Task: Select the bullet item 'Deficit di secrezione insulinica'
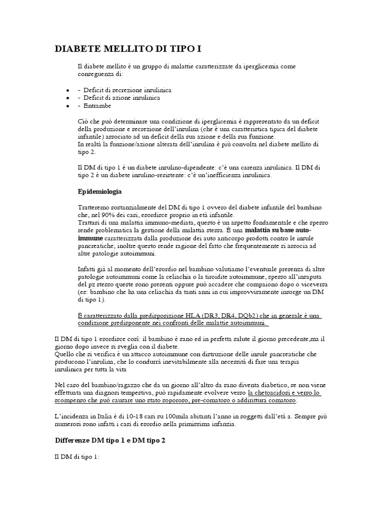[x=127, y=90]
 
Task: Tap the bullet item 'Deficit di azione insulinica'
[x=121, y=98]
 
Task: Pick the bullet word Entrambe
[x=97, y=106]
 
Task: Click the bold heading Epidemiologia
[x=100, y=192]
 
